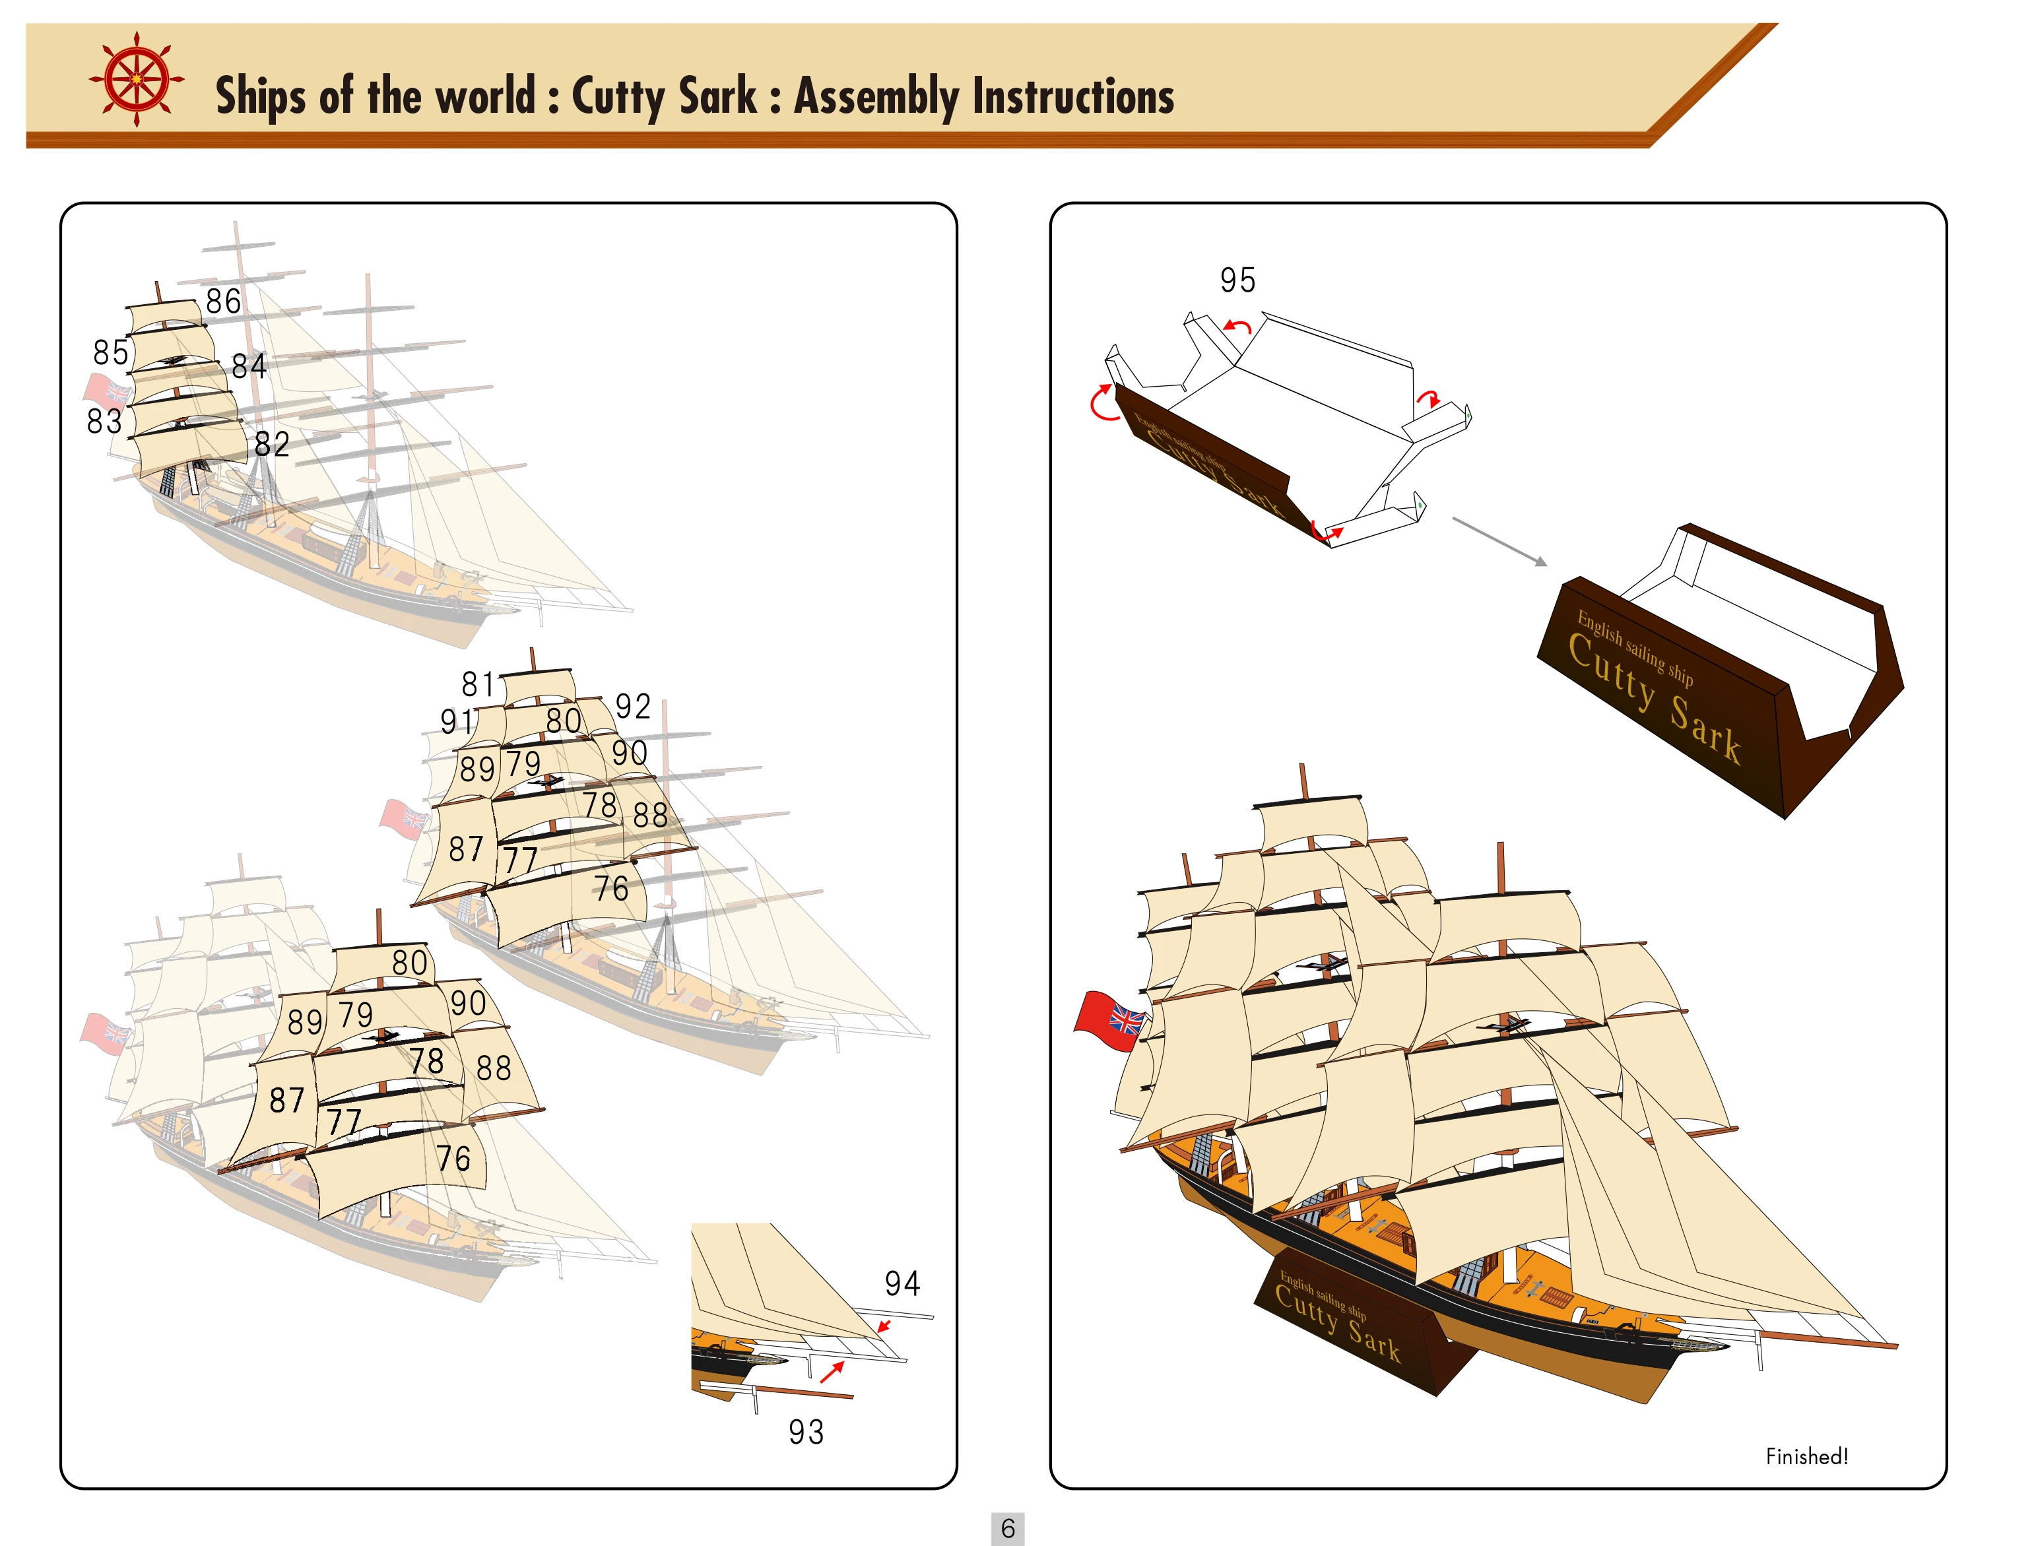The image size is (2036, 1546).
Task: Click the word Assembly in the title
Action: (875, 96)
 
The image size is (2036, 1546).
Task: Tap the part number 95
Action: (1237, 280)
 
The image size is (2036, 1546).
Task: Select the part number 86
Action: (223, 302)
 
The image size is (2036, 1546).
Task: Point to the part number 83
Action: (104, 422)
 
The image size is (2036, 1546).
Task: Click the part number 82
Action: (271, 445)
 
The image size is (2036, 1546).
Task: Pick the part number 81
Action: (478, 685)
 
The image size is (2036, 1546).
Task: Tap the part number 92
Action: (632, 707)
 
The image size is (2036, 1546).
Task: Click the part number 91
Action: (457, 721)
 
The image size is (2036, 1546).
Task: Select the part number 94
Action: (902, 1284)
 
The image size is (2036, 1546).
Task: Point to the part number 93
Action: (805, 1432)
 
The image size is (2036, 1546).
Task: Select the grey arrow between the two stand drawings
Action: (1499, 541)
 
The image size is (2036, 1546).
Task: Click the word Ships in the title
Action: (261, 96)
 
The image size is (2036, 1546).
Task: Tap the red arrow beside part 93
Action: (832, 1372)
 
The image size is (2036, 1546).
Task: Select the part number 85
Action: (110, 352)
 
